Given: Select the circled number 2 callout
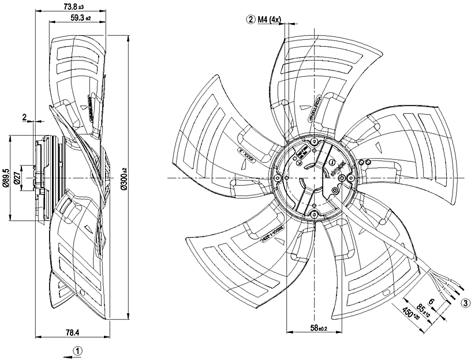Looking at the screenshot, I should click(251, 20).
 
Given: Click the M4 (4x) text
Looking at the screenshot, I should click(270, 20).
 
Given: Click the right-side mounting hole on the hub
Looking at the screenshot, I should click(343, 178).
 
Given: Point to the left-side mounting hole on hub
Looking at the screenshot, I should click(283, 178).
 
